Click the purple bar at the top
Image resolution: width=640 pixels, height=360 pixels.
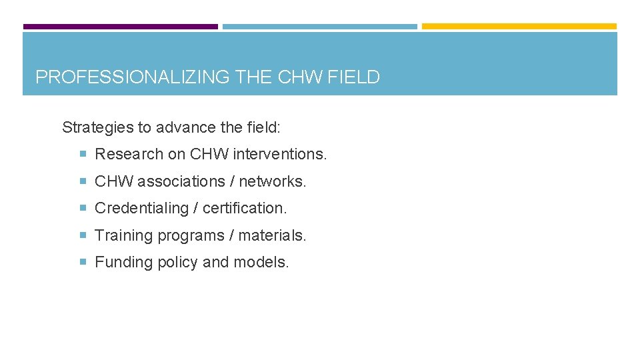pos(121,27)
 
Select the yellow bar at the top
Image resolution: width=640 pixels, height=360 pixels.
pos(519,27)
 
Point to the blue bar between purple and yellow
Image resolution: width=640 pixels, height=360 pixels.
pos(319,27)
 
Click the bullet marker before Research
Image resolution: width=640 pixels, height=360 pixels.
pos(83,154)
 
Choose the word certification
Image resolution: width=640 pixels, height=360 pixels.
pos(245,208)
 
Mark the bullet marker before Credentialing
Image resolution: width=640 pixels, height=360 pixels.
pos(83,208)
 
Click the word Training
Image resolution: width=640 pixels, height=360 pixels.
pos(123,235)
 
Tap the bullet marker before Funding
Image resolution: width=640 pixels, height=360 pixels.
pos(83,263)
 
